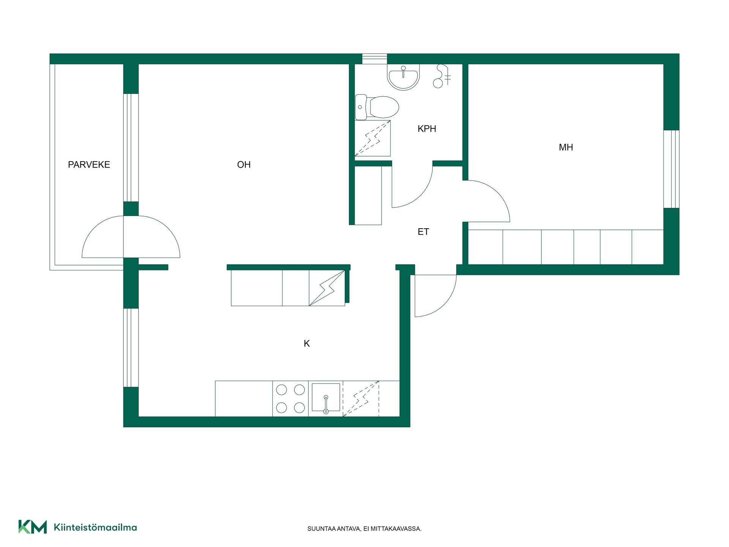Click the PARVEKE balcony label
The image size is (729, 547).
(89, 164)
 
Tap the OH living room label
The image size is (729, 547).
(244, 164)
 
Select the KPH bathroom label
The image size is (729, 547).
(427, 129)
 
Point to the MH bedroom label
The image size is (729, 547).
(566, 147)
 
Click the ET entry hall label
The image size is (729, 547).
(423, 232)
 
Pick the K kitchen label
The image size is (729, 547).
(307, 343)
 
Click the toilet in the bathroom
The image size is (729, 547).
(377, 107)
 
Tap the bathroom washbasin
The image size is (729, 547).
(403, 77)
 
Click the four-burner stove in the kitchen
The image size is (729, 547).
(290, 398)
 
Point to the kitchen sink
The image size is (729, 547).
(326, 397)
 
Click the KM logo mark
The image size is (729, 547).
(33, 527)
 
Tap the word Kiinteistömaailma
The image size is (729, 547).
(95, 527)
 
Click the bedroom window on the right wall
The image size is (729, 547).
(671, 169)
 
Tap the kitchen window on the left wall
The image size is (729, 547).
(131, 348)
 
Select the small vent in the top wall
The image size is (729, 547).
(374, 59)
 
